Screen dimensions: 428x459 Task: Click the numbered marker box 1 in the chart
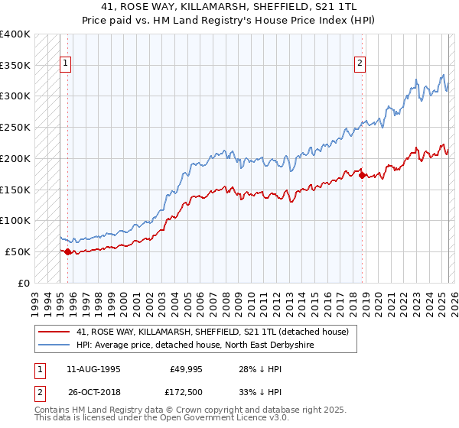point(67,64)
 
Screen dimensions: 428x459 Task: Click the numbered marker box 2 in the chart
point(360,64)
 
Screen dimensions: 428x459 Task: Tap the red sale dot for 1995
point(67,251)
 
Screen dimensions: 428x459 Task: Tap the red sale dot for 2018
point(362,174)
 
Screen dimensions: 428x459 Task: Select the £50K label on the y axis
point(18,251)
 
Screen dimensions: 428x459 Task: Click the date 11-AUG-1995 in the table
point(93,369)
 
